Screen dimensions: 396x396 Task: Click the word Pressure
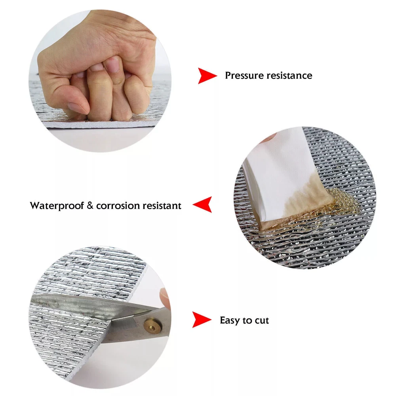point(244,76)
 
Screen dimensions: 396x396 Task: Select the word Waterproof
point(57,206)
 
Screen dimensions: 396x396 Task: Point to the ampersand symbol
point(90,206)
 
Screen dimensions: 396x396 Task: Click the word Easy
point(230,320)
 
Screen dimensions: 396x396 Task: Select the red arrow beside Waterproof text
point(202,205)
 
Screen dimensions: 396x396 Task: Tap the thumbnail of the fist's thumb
point(77,108)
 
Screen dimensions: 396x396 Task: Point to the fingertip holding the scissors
point(165,297)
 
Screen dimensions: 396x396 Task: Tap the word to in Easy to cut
point(247,321)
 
